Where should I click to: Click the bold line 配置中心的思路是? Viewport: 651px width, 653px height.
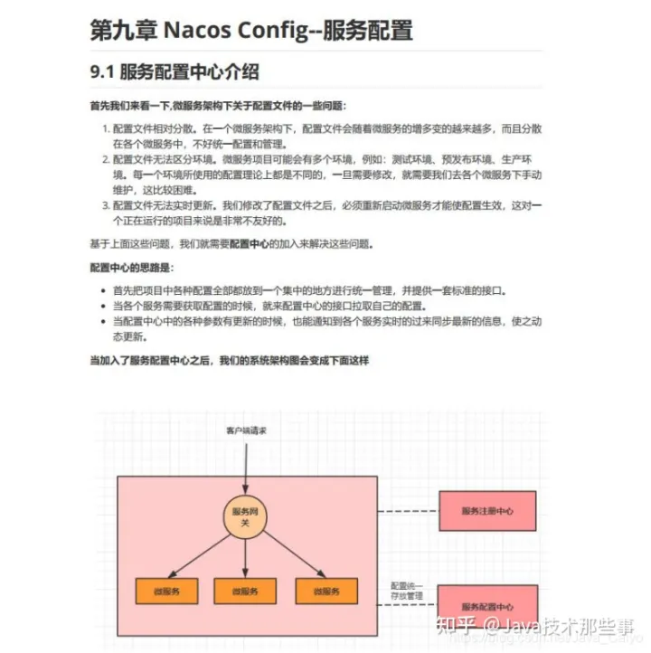pos(130,268)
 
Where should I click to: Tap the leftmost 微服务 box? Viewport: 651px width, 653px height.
pos(166,591)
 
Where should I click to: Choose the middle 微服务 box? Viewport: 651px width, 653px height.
pos(245,591)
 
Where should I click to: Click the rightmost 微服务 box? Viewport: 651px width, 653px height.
pos(326,591)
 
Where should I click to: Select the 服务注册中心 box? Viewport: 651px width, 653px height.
pos(486,511)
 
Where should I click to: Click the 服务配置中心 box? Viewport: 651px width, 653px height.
pos(486,606)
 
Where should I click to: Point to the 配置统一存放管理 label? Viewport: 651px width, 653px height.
pos(406,591)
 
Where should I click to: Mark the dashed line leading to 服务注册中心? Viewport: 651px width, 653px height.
pos(407,512)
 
